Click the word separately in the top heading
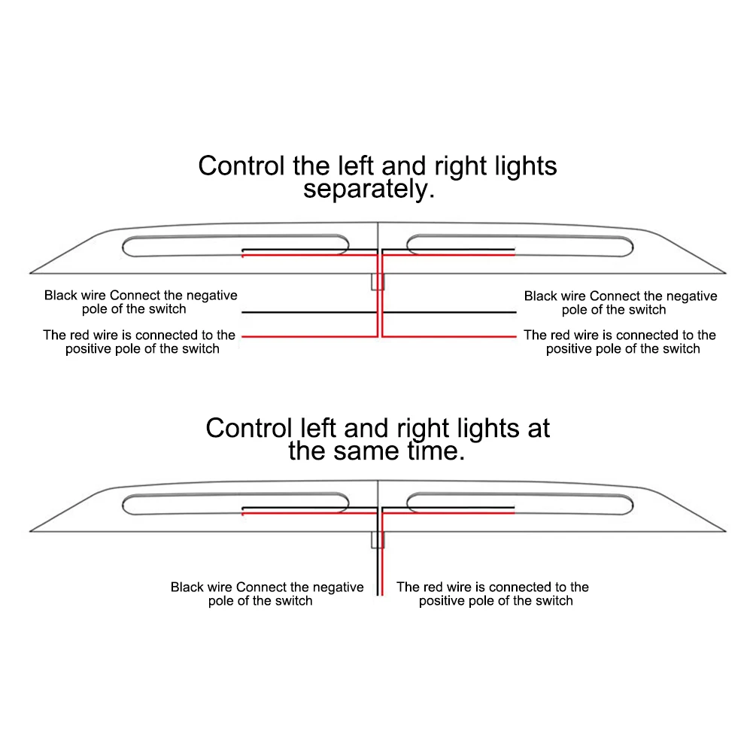[369, 189]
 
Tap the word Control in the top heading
[241, 165]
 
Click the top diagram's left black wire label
[141, 302]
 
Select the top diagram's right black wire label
[621, 302]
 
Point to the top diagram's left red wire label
[140, 342]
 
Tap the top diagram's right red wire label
[620, 342]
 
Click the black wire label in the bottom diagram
[267, 594]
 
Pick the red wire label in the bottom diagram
[493, 594]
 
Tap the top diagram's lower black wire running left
[308, 312]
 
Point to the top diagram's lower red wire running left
[308, 336]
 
